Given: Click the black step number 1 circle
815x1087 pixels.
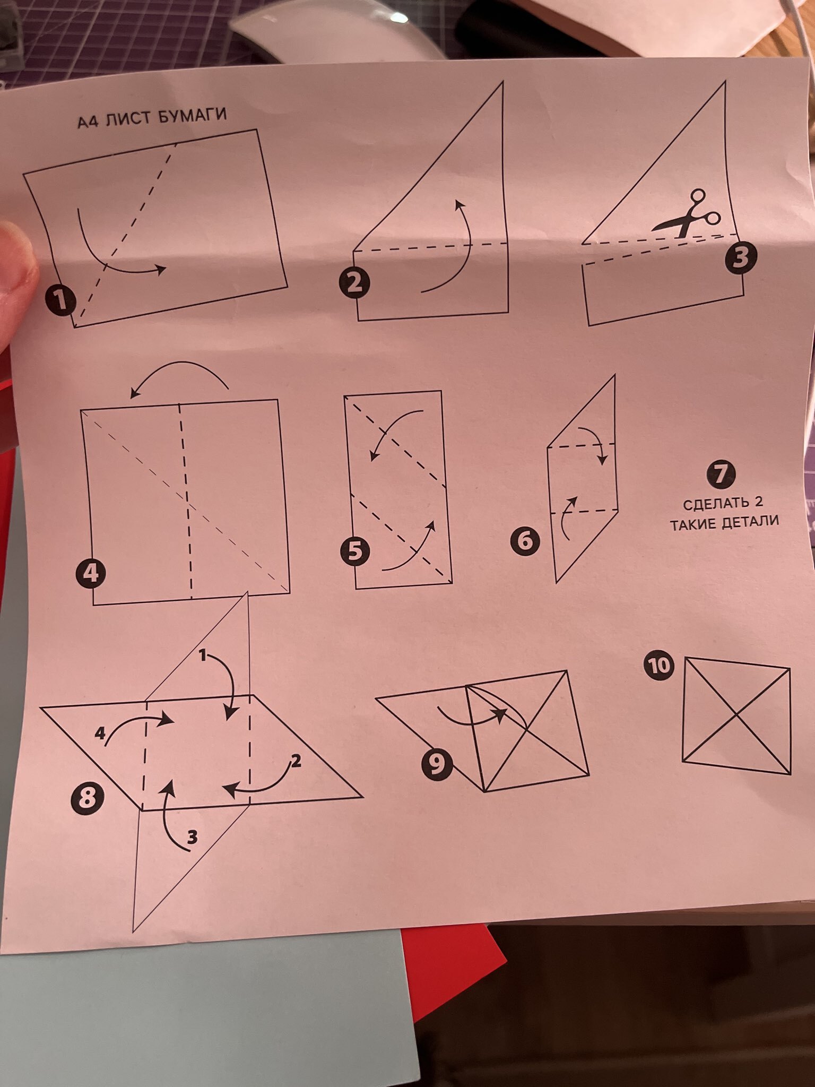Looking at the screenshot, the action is (x=61, y=300).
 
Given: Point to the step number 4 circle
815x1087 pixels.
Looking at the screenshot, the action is (x=91, y=574).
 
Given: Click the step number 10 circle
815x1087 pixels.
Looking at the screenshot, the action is (x=660, y=667).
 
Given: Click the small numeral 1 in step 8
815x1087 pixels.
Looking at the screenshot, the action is (x=202, y=656).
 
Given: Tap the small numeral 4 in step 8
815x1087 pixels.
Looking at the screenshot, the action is (x=100, y=734).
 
